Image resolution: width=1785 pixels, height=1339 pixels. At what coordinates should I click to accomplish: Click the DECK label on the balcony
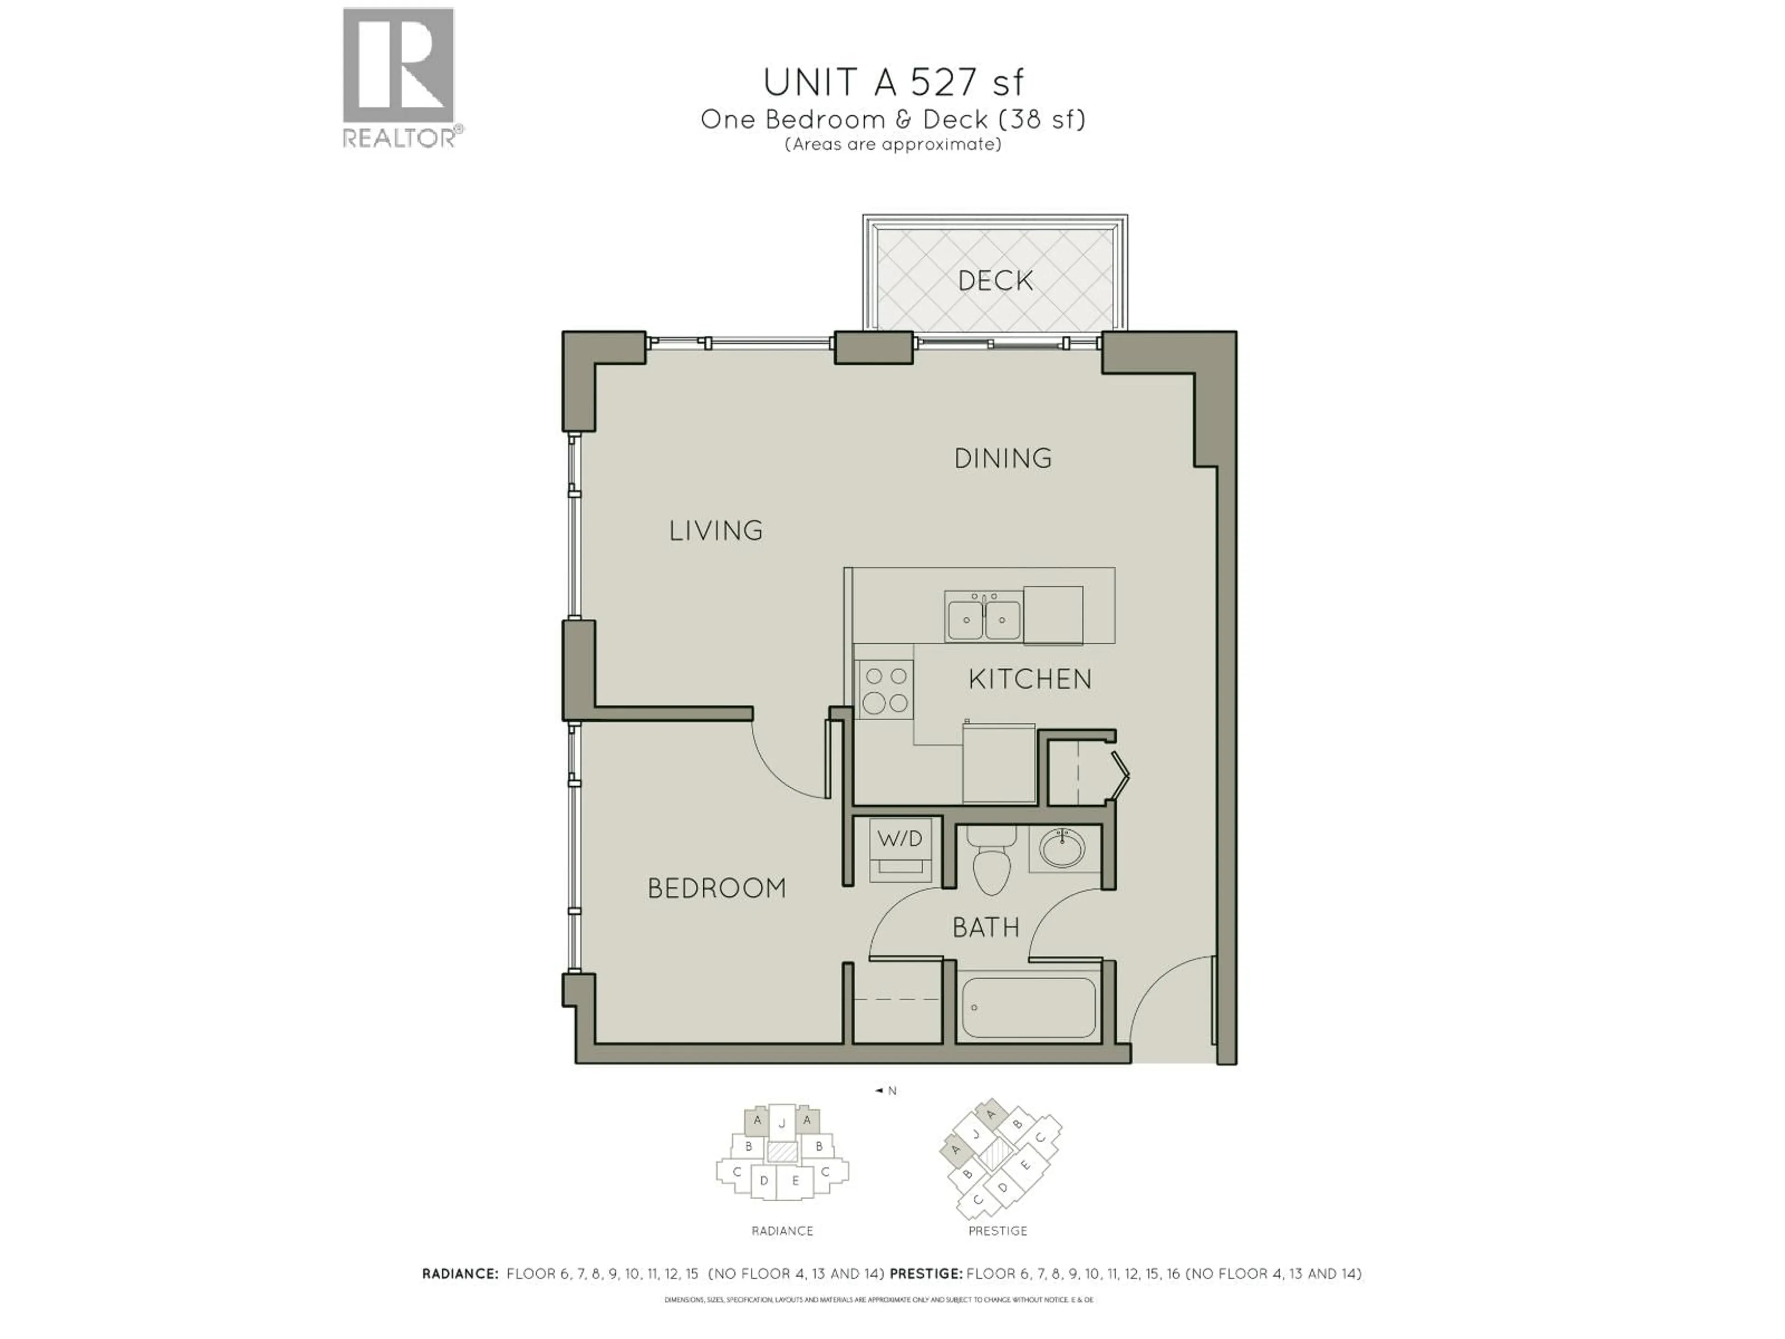coord(995,281)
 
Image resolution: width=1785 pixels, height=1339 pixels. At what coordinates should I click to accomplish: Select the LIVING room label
coord(716,530)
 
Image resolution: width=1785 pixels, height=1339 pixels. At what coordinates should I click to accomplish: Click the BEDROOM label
coord(717,888)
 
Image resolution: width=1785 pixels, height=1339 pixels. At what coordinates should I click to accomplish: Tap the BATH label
coord(985,928)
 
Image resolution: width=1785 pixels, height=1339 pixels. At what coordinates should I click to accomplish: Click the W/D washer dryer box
coord(900,839)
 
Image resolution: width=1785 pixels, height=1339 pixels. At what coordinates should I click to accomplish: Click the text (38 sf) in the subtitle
coord(1042,119)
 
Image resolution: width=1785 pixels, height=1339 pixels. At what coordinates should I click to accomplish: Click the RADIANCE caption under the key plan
coord(782,1231)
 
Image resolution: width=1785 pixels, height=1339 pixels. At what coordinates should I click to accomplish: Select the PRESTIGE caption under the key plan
coord(998,1231)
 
